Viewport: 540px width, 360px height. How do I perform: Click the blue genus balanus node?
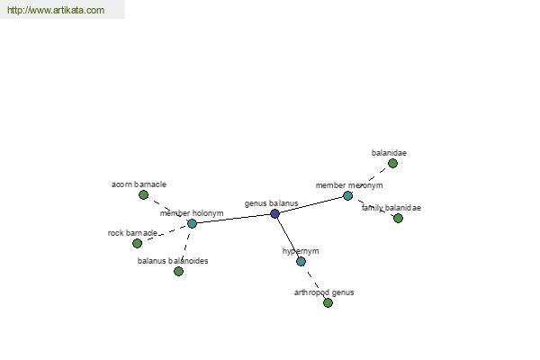[x=274, y=213]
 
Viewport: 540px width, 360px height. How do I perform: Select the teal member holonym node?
[x=193, y=223]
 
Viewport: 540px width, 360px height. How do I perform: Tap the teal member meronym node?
[x=347, y=195]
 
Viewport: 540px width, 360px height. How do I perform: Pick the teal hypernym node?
[x=301, y=262]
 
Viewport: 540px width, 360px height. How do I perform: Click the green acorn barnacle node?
[x=144, y=195]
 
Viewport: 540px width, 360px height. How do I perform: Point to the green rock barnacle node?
[x=137, y=243]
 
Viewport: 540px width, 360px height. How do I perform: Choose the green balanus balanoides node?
[x=178, y=272]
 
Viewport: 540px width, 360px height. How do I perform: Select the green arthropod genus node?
[x=328, y=302]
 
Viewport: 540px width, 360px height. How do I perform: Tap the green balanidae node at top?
[x=392, y=163]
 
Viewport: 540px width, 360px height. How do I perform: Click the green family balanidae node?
[x=398, y=218]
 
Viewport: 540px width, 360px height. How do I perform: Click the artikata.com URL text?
[x=56, y=10]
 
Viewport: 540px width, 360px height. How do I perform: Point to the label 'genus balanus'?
[x=272, y=203]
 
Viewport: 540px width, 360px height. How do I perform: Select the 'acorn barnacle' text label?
[x=139, y=184]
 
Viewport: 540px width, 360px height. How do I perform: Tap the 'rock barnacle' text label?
[x=132, y=233]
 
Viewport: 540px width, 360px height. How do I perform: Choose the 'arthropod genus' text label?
[x=324, y=292]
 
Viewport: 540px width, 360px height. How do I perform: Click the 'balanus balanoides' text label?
[x=173, y=261]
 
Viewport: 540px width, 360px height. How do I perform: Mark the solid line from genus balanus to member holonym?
[x=233, y=219]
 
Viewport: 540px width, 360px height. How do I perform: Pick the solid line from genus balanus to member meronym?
[x=311, y=204]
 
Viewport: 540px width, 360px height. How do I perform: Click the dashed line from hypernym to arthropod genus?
[x=314, y=282]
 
